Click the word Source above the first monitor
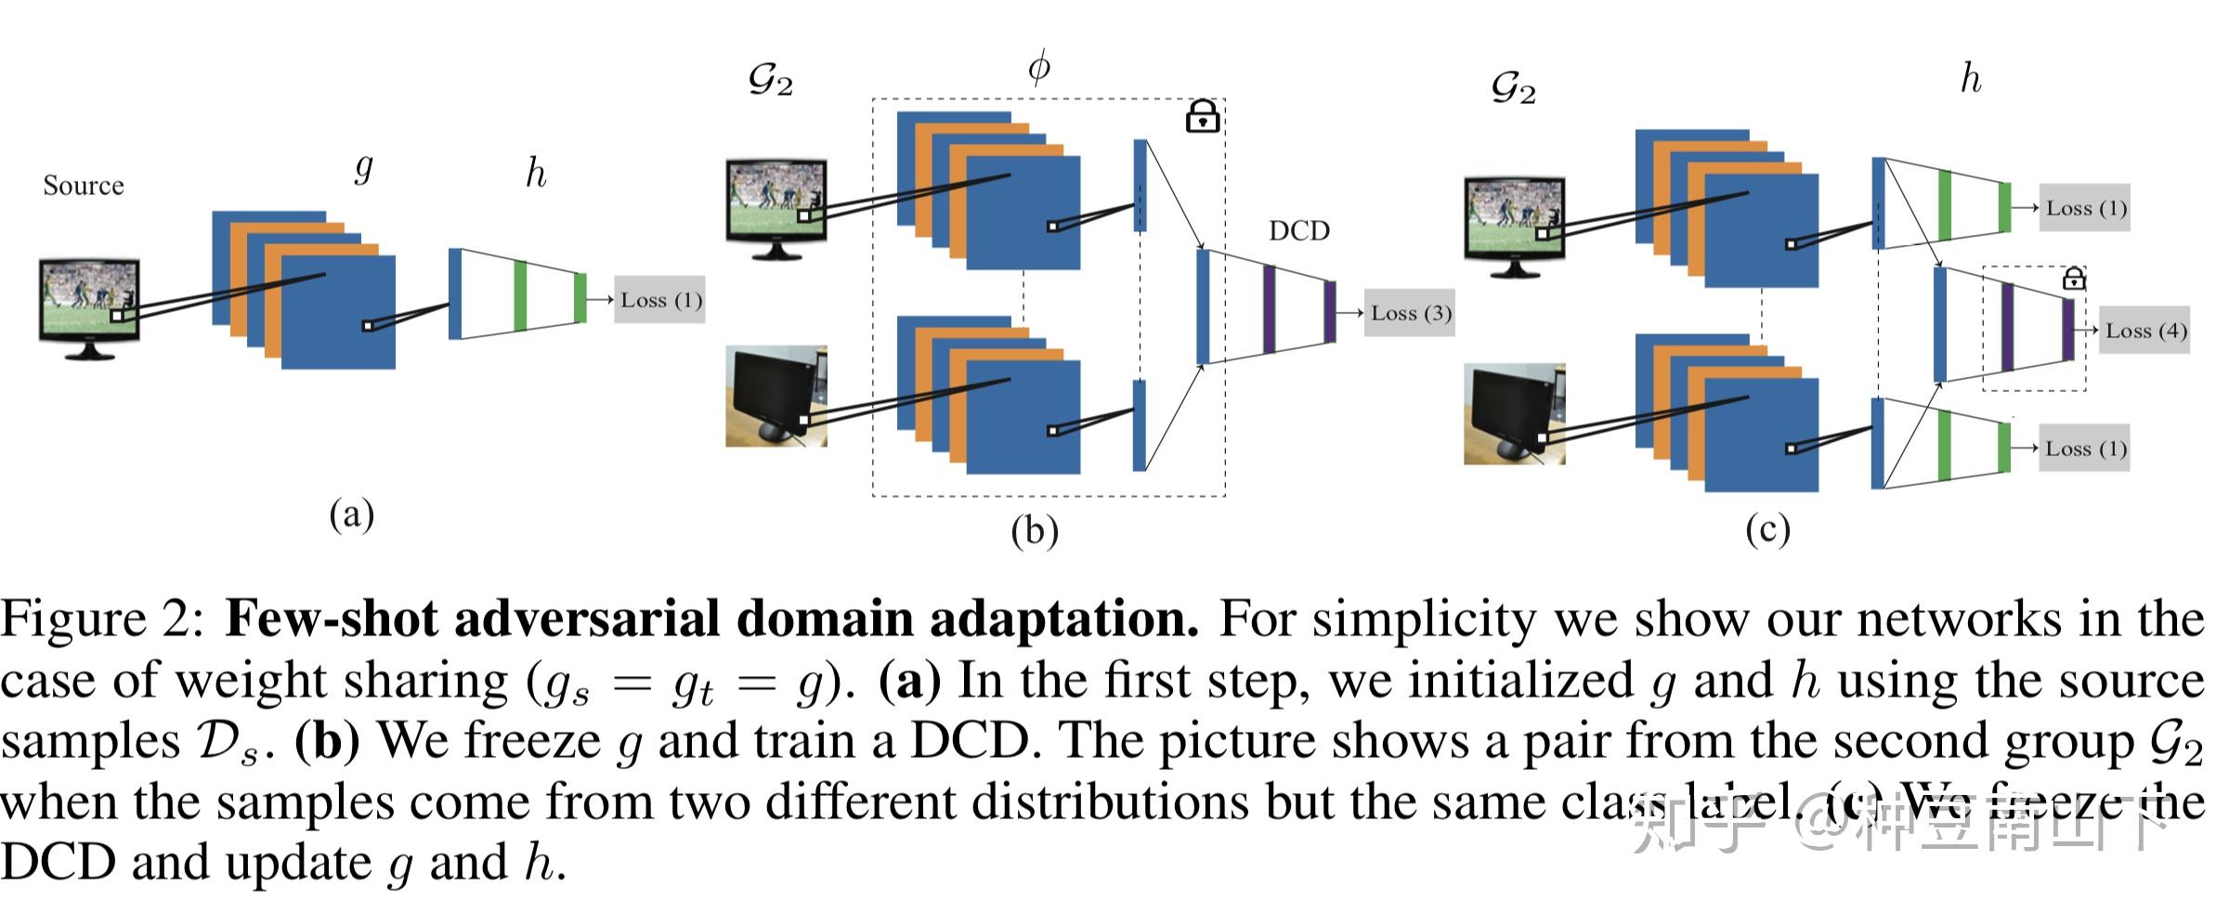[83, 186]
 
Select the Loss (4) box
[2144, 331]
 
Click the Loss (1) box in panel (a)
[660, 300]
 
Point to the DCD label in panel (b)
[1298, 231]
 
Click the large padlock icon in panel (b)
[1202, 117]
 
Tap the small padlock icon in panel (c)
[2073, 278]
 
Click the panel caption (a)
[351, 514]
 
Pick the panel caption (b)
[1034, 531]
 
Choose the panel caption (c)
[1766, 529]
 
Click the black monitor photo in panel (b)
[776, 397]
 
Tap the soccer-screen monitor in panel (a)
[89, 306]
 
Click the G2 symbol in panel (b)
[770, 82]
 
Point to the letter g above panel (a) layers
[364, 167]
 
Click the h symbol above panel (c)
[1970, 80]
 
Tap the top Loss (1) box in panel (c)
[2084, 208]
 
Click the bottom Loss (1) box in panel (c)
[2084, 449]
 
